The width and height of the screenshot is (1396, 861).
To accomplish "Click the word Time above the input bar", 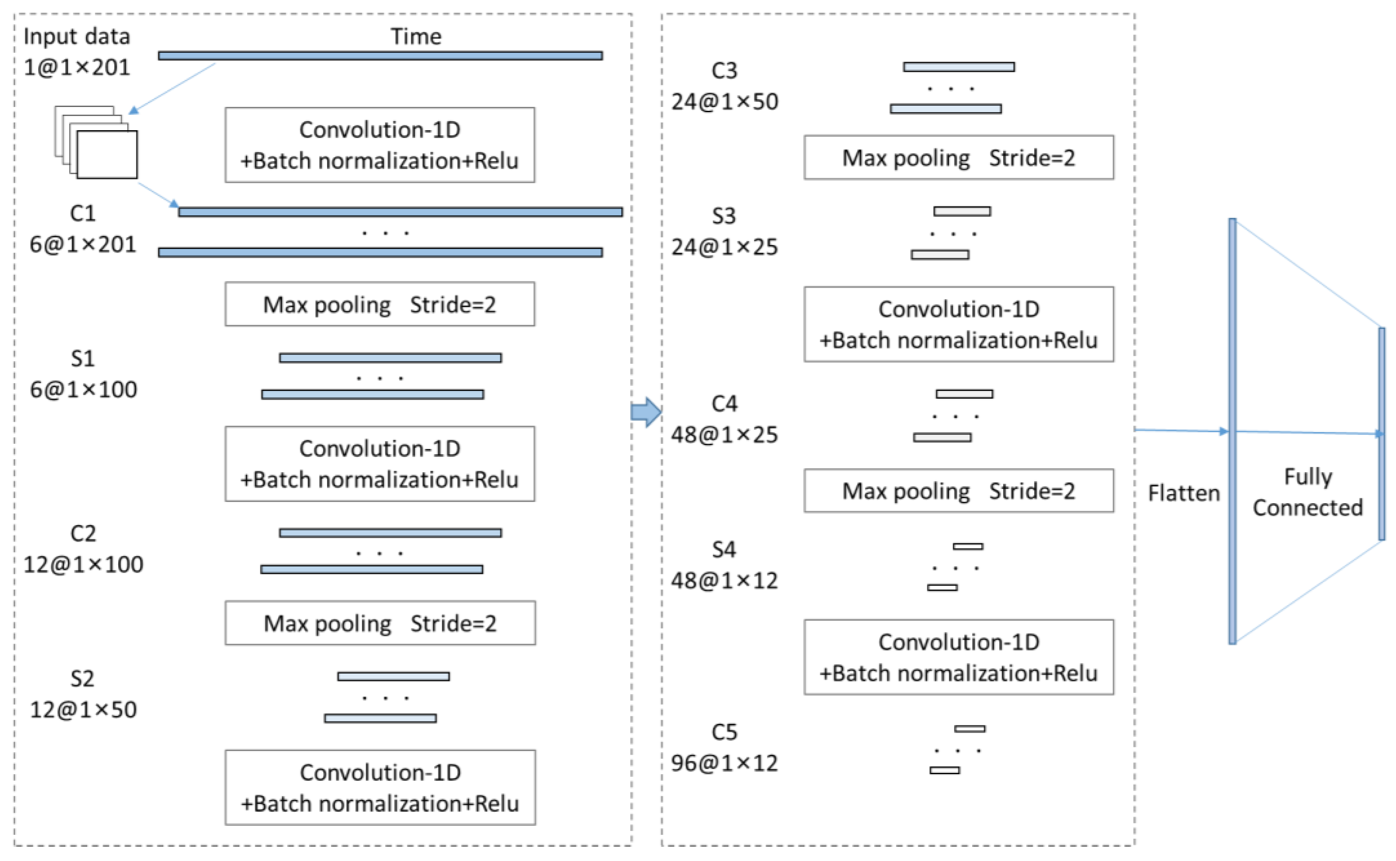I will [x=415, y=37].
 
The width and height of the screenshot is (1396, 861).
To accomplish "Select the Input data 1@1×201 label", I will [x=77, y=52].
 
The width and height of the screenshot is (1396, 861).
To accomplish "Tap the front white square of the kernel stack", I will [x=107, y=154].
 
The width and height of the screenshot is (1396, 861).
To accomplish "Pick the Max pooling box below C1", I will [x=380, y=304].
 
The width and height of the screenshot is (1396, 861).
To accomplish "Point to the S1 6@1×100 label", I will [x=83, y=374].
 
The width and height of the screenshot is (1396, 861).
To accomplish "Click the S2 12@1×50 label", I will [x=83, y=694].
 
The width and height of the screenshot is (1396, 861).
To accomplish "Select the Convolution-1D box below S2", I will [x=380, y=788].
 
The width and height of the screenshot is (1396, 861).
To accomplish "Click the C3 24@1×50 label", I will [x=725, y=86].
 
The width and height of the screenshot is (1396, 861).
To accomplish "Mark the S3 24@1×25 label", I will [x=725, y=231].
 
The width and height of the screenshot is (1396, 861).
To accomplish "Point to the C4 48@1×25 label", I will [x=725, y=419].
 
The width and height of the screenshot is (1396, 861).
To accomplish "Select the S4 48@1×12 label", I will [x=725, y=565].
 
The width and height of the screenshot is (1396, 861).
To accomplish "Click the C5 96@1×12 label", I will [x=725, y=747].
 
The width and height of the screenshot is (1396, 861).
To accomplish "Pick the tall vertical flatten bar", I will [x=1232, y=431].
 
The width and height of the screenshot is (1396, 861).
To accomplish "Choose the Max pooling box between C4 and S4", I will [x=958, y=491].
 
